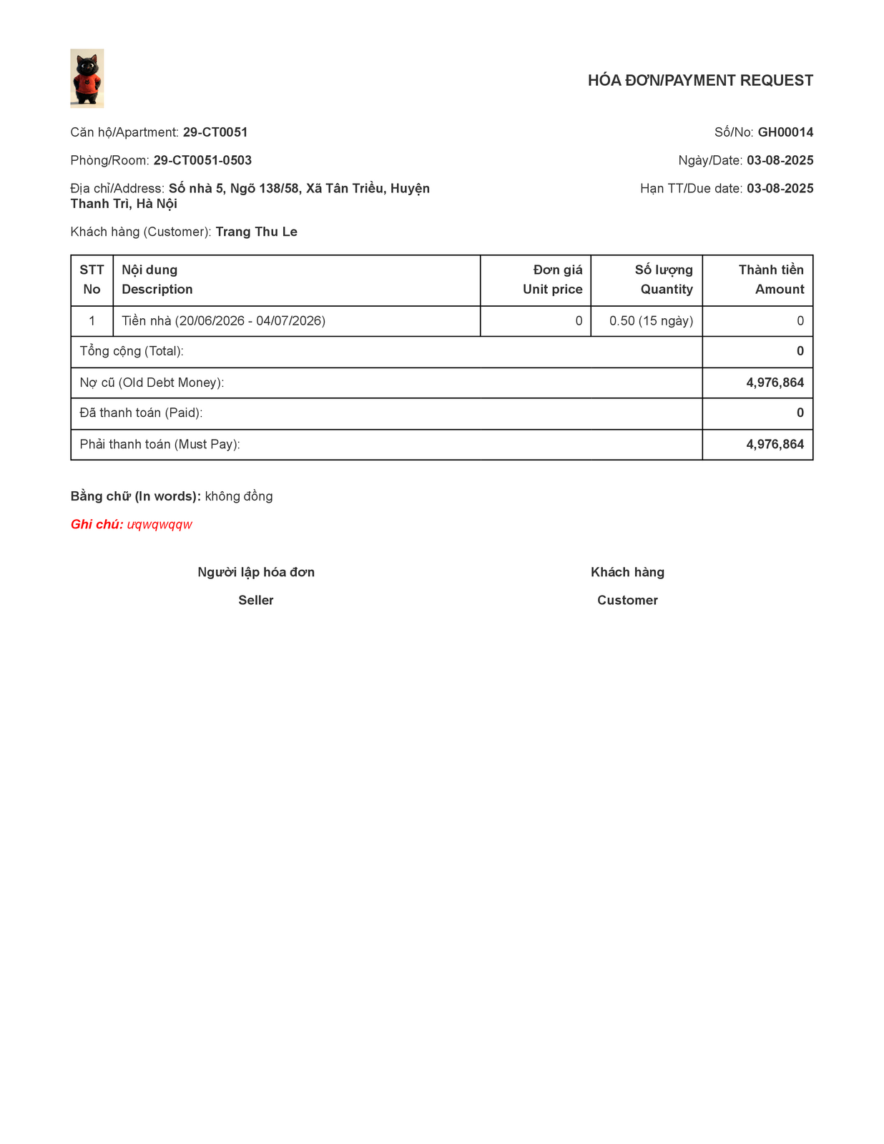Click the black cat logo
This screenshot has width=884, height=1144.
click(87, 79)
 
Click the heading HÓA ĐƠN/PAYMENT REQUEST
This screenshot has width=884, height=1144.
click(700, 81)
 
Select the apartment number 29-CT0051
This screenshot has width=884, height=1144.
click(215, 132)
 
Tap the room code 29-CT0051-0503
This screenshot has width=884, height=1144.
click(202, 160)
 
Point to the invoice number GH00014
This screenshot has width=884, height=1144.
click(785, 132)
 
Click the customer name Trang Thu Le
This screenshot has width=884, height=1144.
click(256, 232)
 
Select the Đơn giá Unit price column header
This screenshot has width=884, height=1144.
click(552, 280)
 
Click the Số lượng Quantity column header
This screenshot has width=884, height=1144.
click(664, 280)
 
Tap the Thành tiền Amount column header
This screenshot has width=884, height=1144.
click(771, 280)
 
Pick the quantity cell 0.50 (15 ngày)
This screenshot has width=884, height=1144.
click(651, 321)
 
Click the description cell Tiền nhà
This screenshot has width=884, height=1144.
click(223, 321)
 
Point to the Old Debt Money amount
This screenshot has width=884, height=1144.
click(775, 383)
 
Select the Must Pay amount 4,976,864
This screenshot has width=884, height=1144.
click(775, 444)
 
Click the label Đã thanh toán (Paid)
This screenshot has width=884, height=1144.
click(141, 413)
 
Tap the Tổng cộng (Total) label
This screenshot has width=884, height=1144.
click(132, 351)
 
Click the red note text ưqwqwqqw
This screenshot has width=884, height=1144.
click(159, 525)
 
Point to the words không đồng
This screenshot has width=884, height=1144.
click(239, 496)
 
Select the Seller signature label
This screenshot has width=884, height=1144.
click(256, 601)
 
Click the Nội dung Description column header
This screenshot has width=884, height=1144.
click(157, 280)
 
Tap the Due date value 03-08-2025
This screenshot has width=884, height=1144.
click(780, 189)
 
